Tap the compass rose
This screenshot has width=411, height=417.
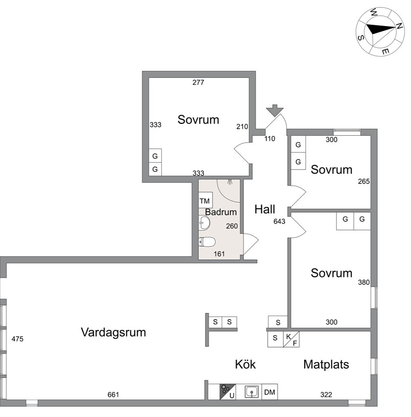[x=380, y=32]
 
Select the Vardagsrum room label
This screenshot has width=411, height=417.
[x=113, y=333]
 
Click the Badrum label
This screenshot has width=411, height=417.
[x=220, y=212]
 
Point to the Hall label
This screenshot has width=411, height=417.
[x=264, y=209]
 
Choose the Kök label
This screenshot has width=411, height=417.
[x=245, y=364]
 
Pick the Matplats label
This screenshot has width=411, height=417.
[x=326, y=364]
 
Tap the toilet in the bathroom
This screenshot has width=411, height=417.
[x=207, y=242]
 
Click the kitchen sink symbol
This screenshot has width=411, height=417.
[x=252, y=392]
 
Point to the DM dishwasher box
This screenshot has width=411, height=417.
[x=270, y=392]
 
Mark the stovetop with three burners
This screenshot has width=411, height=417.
[x=227, y=392]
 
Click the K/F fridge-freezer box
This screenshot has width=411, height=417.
[x=291, y=339]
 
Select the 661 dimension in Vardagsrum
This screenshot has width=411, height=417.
[x=113, y=395]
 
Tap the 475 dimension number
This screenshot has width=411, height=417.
[x=17, y=339]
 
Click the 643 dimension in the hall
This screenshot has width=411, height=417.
[x=279, y=221]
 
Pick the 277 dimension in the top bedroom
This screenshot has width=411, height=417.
[x=198, y=83]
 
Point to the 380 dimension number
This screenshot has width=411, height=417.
[x=364, y=282]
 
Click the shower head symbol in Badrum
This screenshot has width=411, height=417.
[x=230, y=182]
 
